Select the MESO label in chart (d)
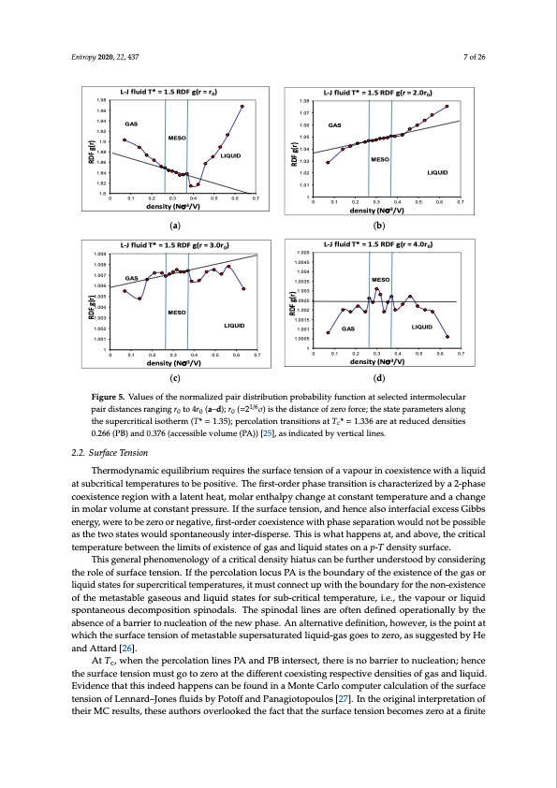(381, 279)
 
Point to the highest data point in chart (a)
(242, 106)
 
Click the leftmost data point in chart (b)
(327, 162)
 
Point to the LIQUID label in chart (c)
(234, 325)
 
